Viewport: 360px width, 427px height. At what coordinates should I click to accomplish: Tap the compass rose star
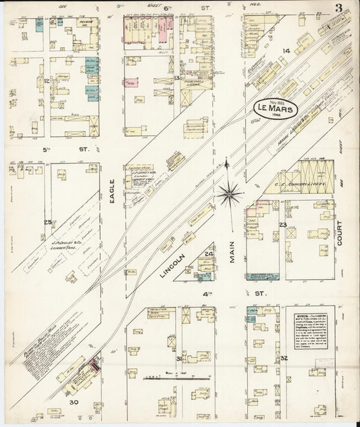coord(230,195)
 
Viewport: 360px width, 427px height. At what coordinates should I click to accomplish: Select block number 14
coord(286,51)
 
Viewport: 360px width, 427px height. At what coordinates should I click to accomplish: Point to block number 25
coord(47,222)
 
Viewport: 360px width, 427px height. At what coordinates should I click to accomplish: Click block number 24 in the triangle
coord(209,254)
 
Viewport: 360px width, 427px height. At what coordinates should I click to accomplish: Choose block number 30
coord(73,403)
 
